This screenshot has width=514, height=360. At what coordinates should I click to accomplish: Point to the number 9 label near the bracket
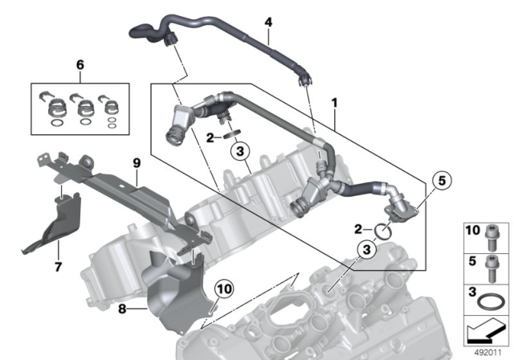click(137, 163)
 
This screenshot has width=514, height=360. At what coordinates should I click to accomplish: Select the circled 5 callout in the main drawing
click(440, 182)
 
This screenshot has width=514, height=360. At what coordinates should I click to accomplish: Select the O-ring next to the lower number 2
click(385, 231)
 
